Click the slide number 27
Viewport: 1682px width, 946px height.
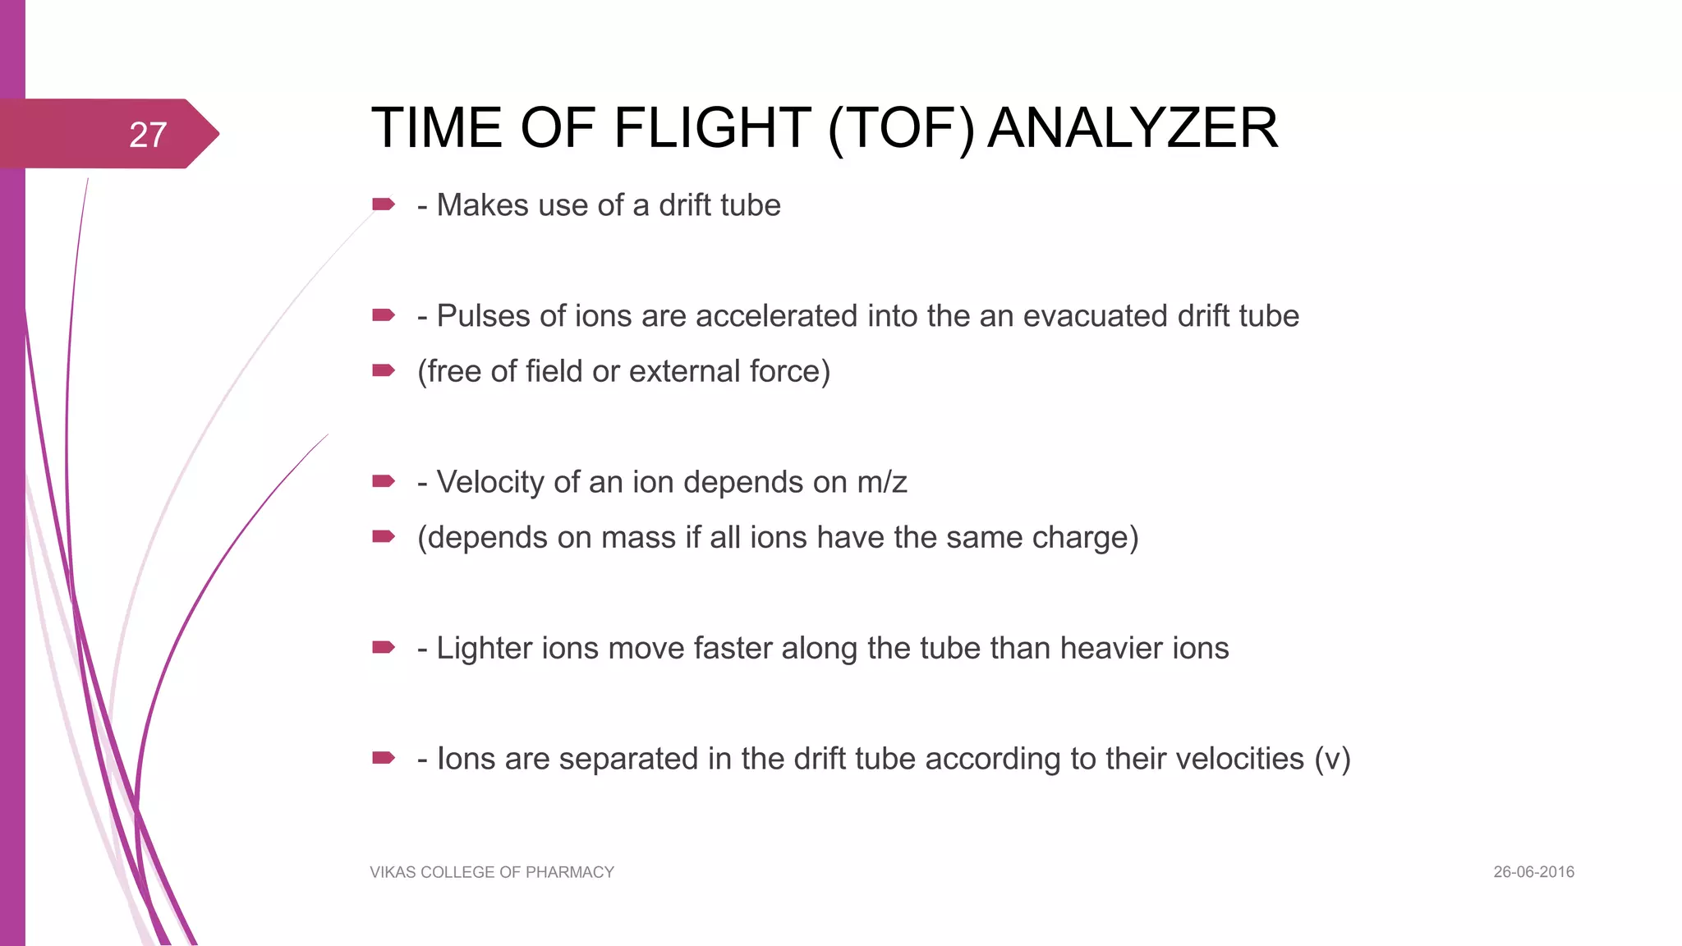tap(148, 135)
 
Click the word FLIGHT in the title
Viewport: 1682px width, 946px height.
tap(712, 128)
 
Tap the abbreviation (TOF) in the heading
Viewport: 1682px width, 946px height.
tap(901, 128)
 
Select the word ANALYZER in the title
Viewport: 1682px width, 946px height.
tap(1133, 128)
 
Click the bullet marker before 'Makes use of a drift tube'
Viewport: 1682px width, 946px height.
tap(384, 204)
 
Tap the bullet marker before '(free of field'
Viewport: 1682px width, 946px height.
tap(384, 370)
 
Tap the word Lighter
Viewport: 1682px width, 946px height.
tap(489, 649)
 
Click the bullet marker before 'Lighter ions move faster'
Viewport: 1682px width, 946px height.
tap(384, 647)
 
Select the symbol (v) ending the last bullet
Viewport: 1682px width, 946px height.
tap(1332, 759)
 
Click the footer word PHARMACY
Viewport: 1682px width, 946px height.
tap(569, 872)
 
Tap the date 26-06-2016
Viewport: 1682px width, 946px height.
tap(1533, 872)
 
